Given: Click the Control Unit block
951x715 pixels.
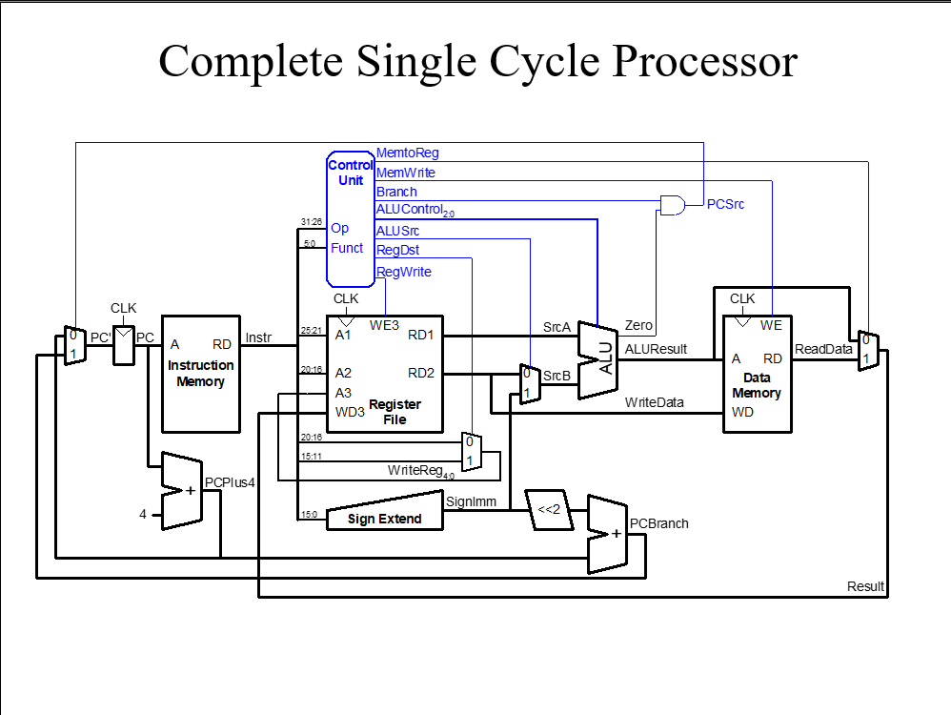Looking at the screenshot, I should click(351, 219).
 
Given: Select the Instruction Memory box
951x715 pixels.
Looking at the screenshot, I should click(200, 374).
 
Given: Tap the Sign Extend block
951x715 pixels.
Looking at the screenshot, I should click(386, 519).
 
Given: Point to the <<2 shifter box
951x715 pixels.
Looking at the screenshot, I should click(548, 510).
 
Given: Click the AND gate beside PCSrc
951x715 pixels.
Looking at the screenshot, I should click(673, 204).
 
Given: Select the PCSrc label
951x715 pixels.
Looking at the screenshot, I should click(725, 204).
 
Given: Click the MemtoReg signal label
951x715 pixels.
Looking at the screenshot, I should click(408, 153).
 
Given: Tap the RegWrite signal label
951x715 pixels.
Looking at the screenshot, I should click(404, 272).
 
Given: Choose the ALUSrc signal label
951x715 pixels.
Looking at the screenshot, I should click(398, 230).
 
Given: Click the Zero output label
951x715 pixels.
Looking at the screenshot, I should click(638, 326).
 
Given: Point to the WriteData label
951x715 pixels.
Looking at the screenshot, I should click(655, 402).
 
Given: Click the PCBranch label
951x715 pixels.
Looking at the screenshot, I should click(659, 523).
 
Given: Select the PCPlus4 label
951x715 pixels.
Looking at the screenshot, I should click(231, 482).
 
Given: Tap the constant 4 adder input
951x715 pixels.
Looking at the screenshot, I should click(143, 514).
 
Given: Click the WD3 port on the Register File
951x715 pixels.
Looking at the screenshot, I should click(350, 412).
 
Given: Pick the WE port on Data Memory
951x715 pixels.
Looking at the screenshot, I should click(771, 325).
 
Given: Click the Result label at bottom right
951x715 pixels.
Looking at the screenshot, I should click(865, 586).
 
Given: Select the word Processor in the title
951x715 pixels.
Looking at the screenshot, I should click(704, 61).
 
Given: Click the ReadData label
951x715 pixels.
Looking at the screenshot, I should click(823, 349).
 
